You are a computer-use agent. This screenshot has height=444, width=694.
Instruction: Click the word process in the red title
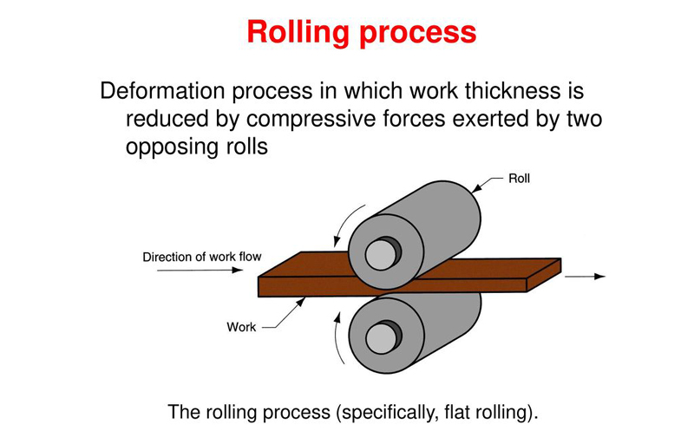coord(416,33)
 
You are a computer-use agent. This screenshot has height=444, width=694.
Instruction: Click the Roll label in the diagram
coord(520,179)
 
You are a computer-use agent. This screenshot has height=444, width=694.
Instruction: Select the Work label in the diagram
coord(241,327)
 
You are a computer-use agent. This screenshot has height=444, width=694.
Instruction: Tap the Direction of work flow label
coord(201,257)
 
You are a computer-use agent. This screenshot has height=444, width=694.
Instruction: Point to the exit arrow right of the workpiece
coord(586,277)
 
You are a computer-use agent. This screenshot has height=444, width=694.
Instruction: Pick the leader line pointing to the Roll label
coord(491,181)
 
